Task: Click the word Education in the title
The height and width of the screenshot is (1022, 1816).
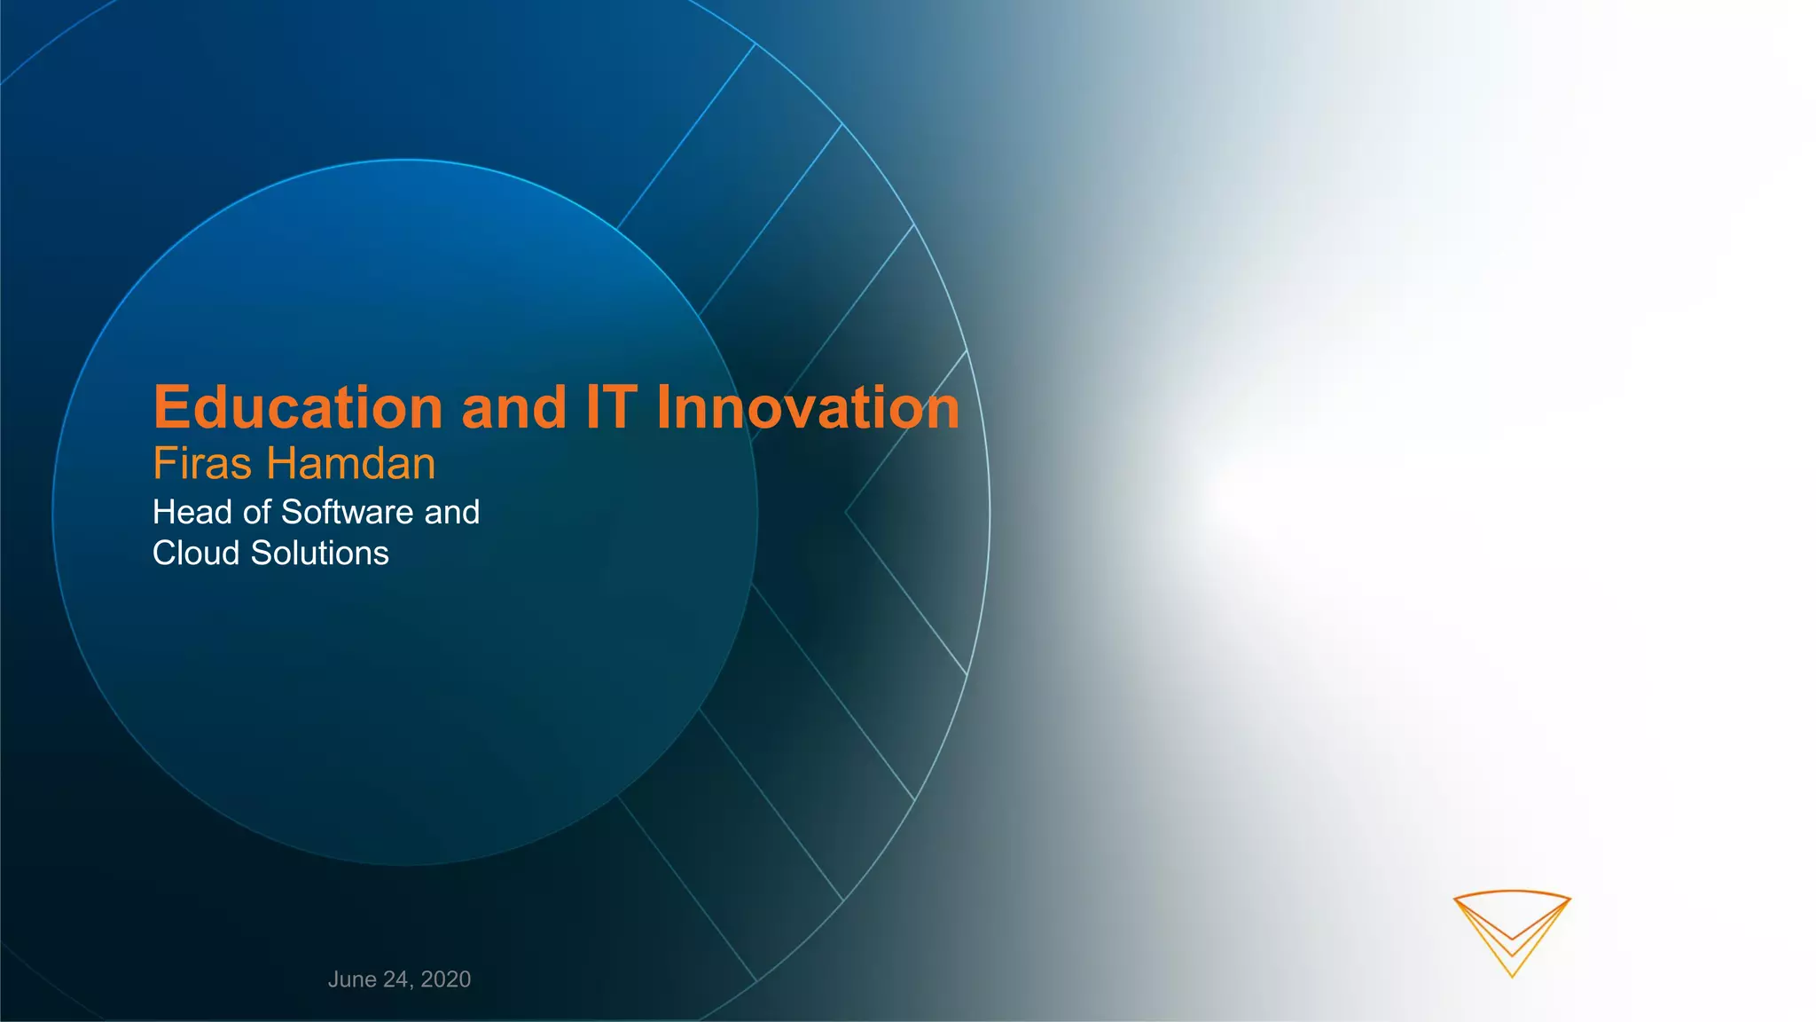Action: click(x=298, y=408)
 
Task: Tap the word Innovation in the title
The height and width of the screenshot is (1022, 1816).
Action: click(x=807, y=408)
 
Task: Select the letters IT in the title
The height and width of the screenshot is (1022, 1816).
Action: click(x=611, y=408)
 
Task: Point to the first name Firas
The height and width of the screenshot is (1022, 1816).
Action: click(x=203, y=464)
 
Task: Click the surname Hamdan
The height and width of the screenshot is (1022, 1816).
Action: click(x=351, y=464)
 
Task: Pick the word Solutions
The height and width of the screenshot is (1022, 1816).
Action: click(x=320, y=554)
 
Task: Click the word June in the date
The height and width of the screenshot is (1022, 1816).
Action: click(x=352, y=979)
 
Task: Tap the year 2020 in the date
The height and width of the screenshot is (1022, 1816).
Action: click(x=446, y=979)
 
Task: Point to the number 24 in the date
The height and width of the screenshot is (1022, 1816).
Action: click(x=395, y=979)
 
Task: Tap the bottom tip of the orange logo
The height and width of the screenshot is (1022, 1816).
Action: click(x=1512, y=976)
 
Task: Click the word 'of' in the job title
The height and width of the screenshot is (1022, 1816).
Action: click(x=256, y=513)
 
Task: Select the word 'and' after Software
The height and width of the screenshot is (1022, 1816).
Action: click(x=452, y=513)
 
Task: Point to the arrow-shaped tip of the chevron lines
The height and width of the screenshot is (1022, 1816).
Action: click(x=847, y=512)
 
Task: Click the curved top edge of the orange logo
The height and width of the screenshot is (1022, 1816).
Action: click(x=1512, y=892)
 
